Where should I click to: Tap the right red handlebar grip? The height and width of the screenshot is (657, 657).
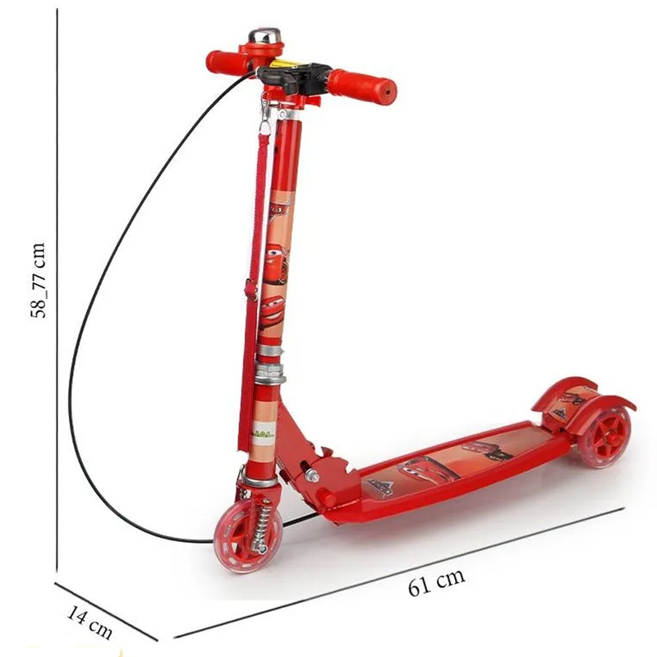pyautogui.click(x=361, y=86)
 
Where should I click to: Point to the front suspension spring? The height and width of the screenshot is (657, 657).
pyautogui.click(x=262, y=524)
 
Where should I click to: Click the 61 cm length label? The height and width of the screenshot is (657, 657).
pyautogui.click(x=437, y=581)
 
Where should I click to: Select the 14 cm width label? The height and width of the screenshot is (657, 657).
pyautogui.click(x=90, y=623)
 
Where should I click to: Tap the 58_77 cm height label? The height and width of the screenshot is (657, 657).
pyautogui.click(x=38, y=280)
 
